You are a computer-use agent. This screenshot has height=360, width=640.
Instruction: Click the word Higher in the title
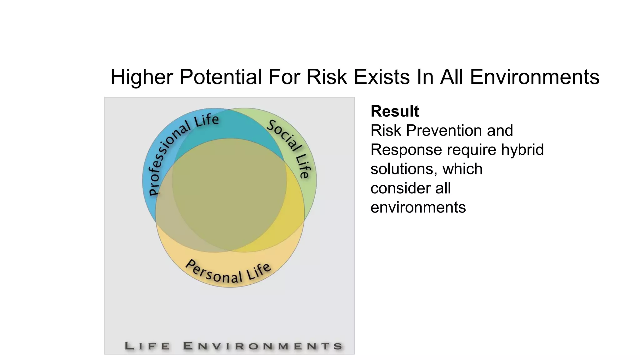(x=142, y=77)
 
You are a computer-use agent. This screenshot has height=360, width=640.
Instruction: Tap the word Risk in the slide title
(x=327, y=77)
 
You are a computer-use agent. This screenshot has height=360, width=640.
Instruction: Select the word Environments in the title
(x=534, y=77)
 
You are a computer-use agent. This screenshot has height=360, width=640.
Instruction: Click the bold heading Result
(x=394, y=111)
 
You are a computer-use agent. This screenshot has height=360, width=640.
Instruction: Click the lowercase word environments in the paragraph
(x=418, y=207)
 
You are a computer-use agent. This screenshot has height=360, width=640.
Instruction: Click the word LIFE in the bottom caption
(x=147, y=346)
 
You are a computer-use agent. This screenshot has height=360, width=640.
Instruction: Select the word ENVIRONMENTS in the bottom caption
(x=262, y=346)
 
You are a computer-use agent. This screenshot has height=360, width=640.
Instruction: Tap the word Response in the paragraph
(x=406, y=150)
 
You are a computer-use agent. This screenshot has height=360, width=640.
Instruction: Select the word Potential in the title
(x=220, y=77)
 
